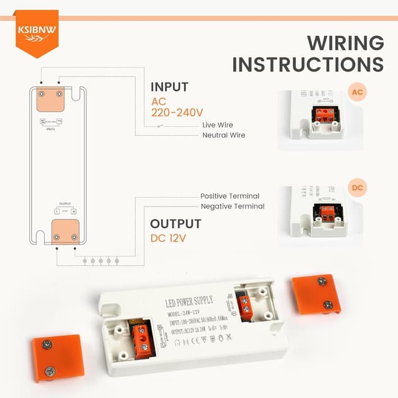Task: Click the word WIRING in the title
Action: pyautogui.click(x=345, y=44)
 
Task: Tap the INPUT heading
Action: pyautogui.click(x=169, y=87)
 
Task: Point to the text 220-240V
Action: pyautogui.click(x=177, y=113)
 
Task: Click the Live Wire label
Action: pyautogui.click(x=218, y=125)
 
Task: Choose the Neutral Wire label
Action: pyautogui.click(x=223, y=135)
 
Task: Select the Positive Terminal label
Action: pyautogui.click(x=229, y=196)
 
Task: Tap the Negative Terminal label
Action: pyautogui.click(x=232, y=206)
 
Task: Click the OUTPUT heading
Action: pyautogui.click(x=175, y=224)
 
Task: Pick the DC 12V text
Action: pyautogui.click(x=168, y=238)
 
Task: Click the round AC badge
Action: pyautogui.click(x=357, y=93)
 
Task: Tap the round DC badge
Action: pyautogui.click(x=357, y=188)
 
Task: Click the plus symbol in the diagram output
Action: pyautogui.click(x=73, y=211)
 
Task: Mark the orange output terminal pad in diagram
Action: pyautogui.click(x=65, y=231)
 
